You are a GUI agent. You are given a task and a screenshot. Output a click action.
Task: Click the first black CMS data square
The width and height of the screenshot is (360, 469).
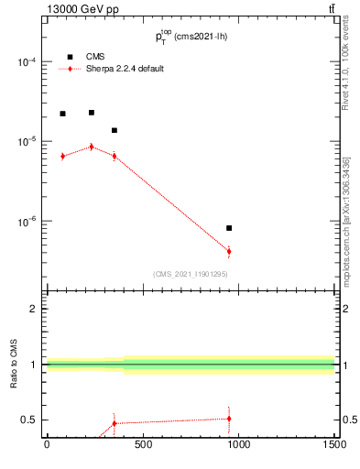click(x=62, y=114)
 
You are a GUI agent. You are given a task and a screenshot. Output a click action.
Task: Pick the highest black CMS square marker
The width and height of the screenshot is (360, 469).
click(x=92, y=113)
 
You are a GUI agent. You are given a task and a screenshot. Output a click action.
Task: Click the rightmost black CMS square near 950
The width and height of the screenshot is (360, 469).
click(x=229, y=228)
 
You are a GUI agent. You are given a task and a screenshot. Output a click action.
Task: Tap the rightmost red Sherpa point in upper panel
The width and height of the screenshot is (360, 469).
click(x=229, y=251)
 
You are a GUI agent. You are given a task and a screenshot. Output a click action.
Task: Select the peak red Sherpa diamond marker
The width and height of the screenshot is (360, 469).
click(x=92, y=147)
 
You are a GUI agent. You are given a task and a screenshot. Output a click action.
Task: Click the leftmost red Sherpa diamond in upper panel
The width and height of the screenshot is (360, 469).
click(x=62, y=157)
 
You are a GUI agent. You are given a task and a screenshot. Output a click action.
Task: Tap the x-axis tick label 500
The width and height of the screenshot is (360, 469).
click(x=142, y=446)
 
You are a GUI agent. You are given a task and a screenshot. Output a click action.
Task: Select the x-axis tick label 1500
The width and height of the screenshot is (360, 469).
click(x=334, y=446)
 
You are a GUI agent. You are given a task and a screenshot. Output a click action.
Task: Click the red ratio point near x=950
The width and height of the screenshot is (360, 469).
click(x=229, y=418)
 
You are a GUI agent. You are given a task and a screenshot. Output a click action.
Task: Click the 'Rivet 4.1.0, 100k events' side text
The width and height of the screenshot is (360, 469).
click(x=345, y=69)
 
